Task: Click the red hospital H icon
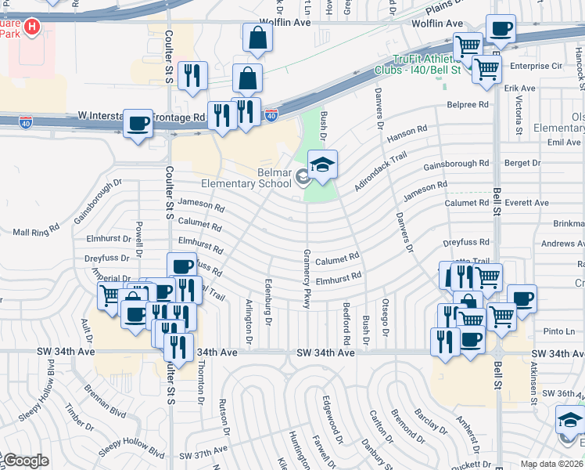click(32, 28)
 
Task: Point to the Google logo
click(25, 461)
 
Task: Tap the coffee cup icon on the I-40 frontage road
click(138, 124)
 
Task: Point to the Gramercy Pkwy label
click(307, 279)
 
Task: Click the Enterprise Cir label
click(536, 67)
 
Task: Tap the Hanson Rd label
click(408, 134)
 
